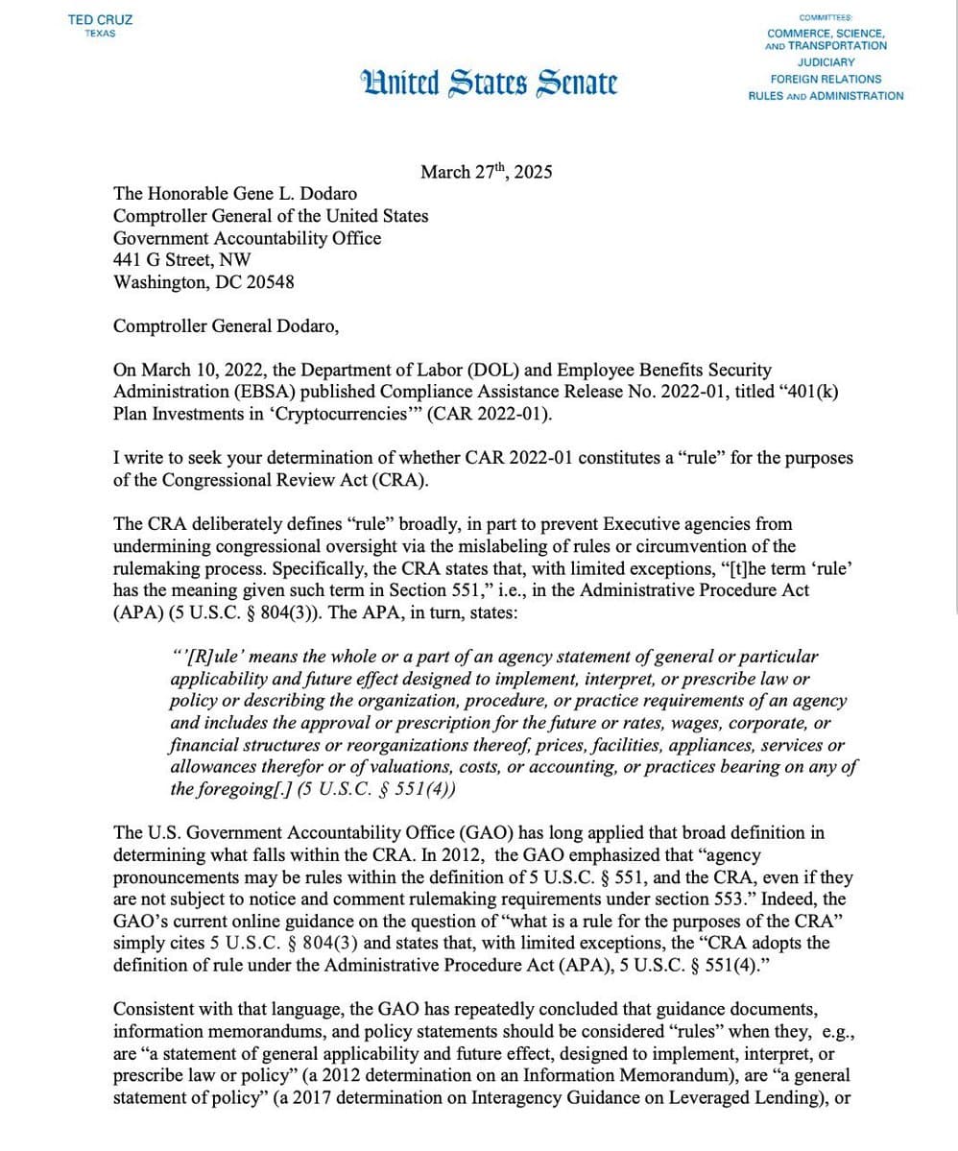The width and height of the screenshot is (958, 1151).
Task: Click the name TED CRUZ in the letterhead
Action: coord(101,19)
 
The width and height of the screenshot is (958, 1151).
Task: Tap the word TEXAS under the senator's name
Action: coord(100,34)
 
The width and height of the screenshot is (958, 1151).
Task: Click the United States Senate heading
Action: coord(489,83)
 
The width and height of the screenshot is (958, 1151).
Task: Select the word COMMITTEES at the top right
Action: coord(826,17)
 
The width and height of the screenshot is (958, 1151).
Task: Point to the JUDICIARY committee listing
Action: coord(826,62)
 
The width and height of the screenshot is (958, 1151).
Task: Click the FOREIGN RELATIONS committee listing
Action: coord(826,79)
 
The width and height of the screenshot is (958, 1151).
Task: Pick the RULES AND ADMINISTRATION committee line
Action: coord(826,96)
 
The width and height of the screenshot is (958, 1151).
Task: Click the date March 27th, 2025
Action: coord(486,173)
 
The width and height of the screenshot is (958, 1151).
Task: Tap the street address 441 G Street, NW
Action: coord(182,260)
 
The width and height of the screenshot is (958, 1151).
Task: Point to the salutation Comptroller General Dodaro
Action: coord(226,325)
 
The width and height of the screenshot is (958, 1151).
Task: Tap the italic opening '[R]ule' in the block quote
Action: coord(207,657)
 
